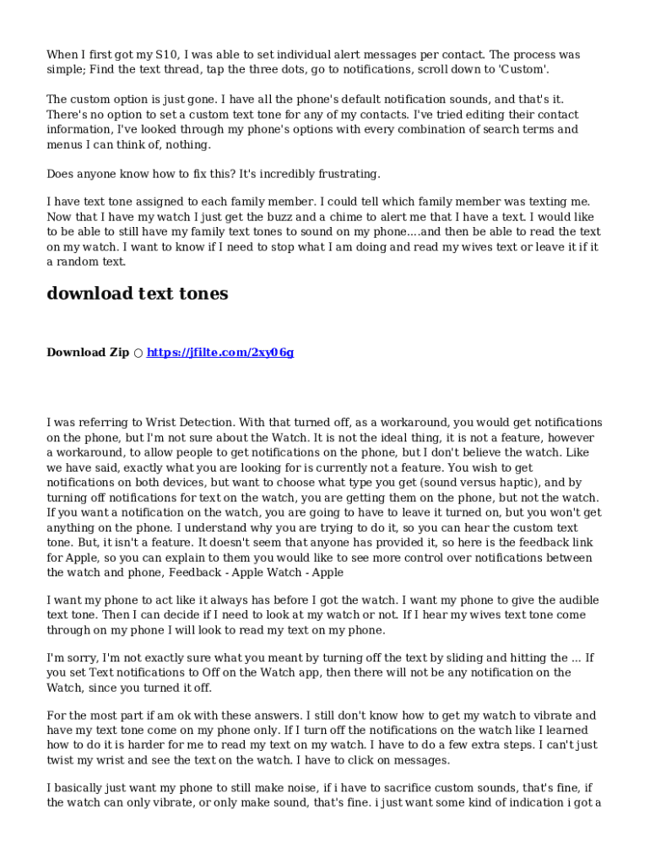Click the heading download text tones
tap(138, 294)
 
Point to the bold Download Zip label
tap(88, 353)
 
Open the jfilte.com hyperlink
tap(220, 353)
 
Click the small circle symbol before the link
tap(138, 353)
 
